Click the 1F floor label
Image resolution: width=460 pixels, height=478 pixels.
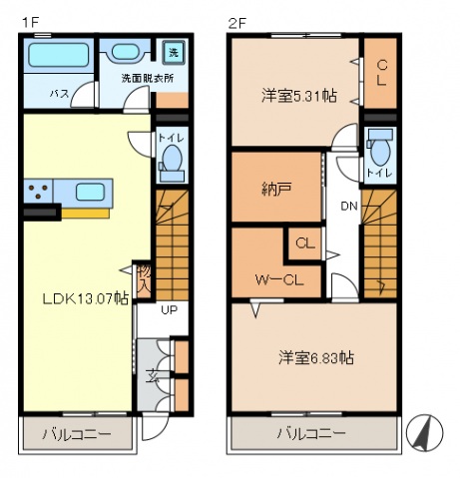click(31, 18)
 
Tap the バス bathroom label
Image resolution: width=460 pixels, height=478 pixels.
click(60, 94)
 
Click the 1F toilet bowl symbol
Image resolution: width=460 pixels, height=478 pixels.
click(171, 159)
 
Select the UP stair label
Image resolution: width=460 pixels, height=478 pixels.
click(169, 311)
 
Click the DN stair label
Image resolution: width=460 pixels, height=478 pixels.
click(348, 207)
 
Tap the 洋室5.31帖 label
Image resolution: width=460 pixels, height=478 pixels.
click(298, 96)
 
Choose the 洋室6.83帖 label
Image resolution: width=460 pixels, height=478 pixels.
click(318, 357)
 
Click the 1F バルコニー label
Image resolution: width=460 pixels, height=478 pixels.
click(76, 435)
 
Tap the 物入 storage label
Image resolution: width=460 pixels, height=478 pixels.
click(143, 278)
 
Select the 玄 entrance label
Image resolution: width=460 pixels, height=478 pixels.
click(153, 376)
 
